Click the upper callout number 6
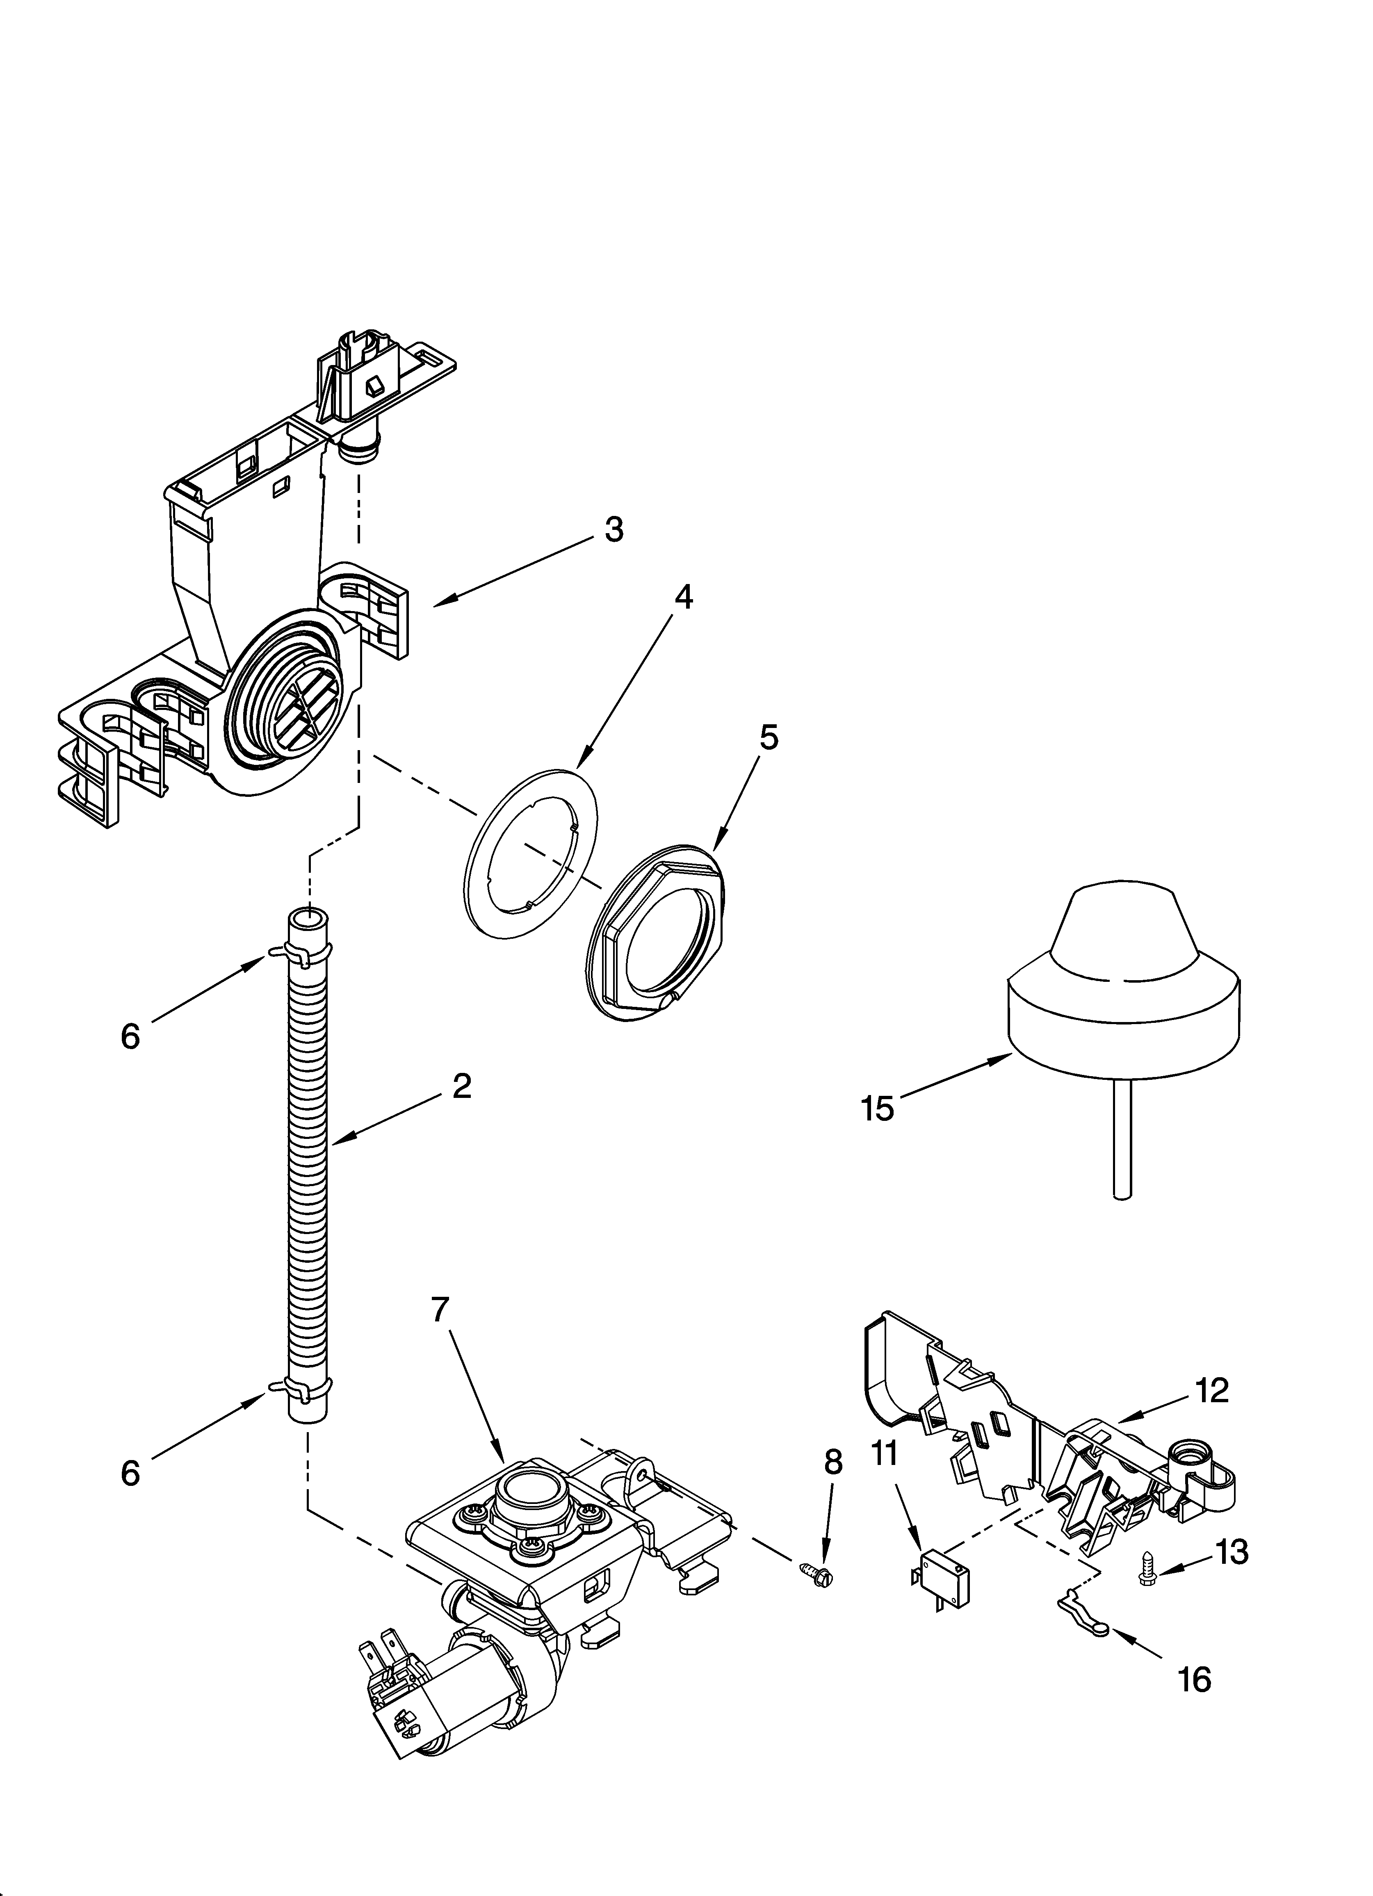coord(130,1037)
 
